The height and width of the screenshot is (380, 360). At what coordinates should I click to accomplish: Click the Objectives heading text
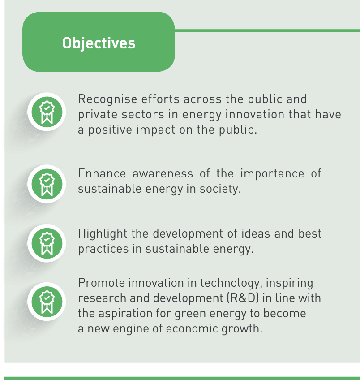pyautogui.click(x=99, y=43)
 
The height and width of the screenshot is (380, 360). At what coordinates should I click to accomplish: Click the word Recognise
pyautogui.click(x=104, y=99)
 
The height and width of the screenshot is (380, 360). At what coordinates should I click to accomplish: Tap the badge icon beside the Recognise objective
pyautogui.click(x=47, y=112)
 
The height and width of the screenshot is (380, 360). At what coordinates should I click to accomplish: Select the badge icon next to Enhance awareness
pyautogui.click(x=47, y=184)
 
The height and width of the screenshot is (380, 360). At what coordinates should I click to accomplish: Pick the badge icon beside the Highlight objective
pyautogui.click(x=47, y=243)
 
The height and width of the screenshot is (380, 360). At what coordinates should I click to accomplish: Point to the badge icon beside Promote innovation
pyautogui.click(x=47, y=302)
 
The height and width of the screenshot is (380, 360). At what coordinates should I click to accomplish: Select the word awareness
pyautogui.click(x=163, y=174)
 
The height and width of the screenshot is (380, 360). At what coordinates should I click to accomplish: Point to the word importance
pyautogui.click(x=272, y=174)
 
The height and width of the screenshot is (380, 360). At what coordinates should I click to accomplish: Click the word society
pyautogui.click(x=220, y=190)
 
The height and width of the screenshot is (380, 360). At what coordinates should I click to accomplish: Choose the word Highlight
pyautogui.click(x=103, y=234)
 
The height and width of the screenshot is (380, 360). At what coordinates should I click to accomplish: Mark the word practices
pyautogui.click(x=103, y=249)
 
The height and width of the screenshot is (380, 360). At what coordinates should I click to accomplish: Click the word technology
pyautogui.click(x=231, y=284)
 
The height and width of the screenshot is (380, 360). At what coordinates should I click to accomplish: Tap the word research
pyautogui.click(x=102, y=298)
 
